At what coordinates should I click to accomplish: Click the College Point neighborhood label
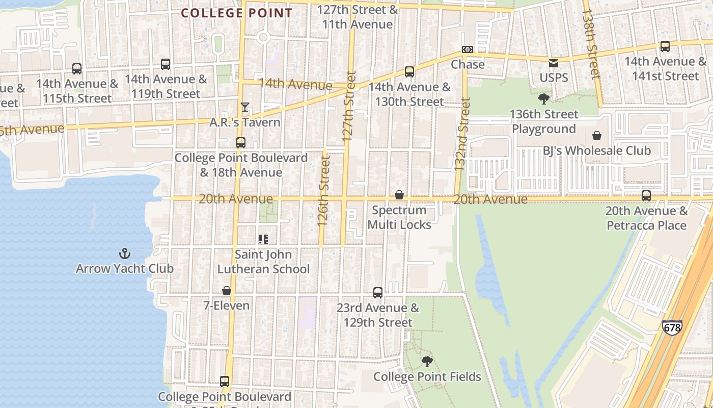point(237,13)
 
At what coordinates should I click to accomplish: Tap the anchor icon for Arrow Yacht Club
point(125,253)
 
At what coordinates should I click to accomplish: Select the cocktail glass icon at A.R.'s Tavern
point(245,107)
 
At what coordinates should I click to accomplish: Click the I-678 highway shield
point(672,327)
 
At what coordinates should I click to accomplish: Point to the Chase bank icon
point(467,49)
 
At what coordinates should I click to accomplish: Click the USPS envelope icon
point(553,63)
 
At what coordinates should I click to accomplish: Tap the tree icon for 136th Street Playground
point(544,98)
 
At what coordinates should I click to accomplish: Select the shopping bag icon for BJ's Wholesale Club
point(596,136)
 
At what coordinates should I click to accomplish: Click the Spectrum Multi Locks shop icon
point(399,195)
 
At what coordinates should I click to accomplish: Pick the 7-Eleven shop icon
point(227,291)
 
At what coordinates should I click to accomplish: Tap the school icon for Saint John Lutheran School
point(263,239)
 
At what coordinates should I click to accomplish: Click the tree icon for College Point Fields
point(427,361)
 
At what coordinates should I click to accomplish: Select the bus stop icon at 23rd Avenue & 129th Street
point(378,293)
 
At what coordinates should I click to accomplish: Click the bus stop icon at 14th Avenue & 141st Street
point(665,46)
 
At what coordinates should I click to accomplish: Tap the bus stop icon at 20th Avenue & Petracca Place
point(646,196)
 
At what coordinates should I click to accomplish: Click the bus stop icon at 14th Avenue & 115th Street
point(77,68)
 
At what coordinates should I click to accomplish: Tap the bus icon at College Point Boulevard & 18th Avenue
point(241,143)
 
